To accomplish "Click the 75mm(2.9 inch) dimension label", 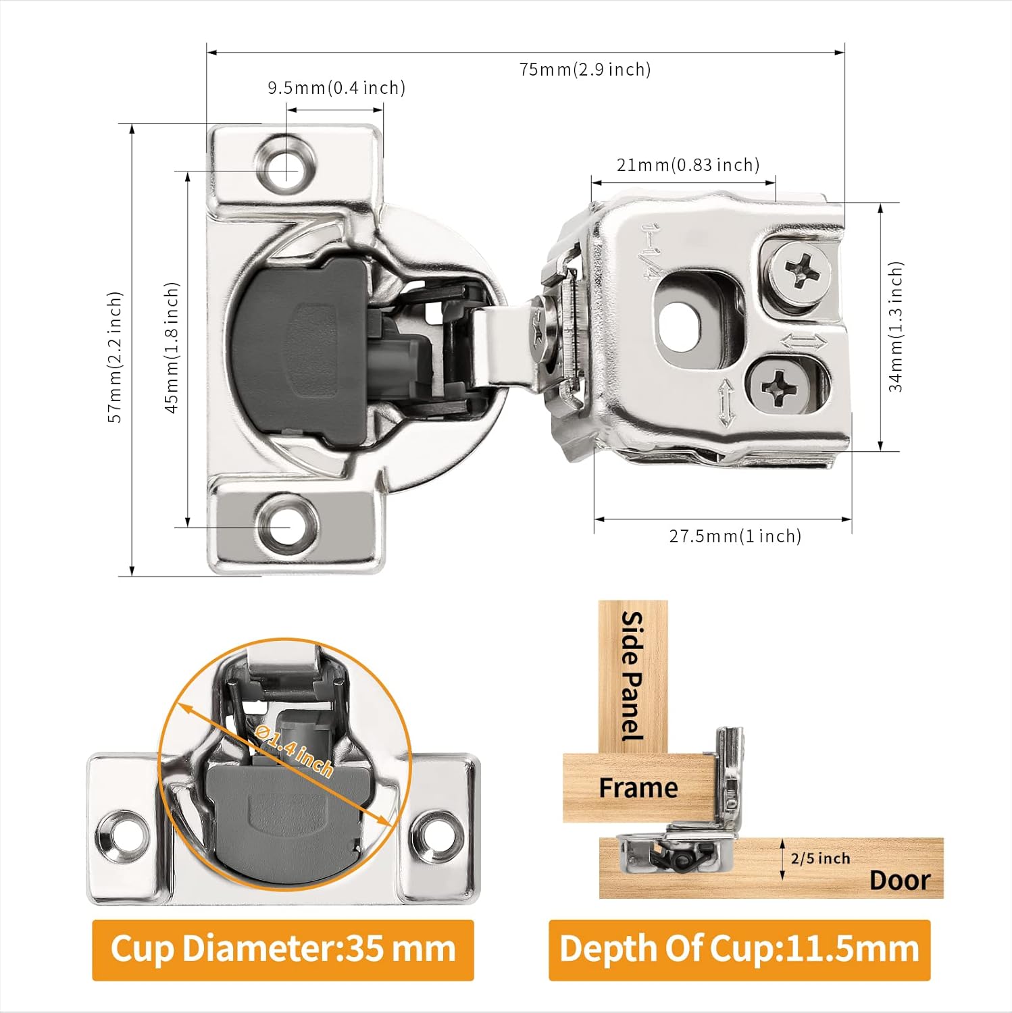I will pyautogui.click(x=584, y=70).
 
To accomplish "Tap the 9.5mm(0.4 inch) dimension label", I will pyautogui.click(x=336, y=88).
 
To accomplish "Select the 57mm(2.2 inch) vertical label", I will pyautogui.click(x=116, y=357).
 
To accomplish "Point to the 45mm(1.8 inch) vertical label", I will pyautogui.click(x=172, y=347).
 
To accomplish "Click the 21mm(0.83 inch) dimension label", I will pyautogui.click(x=687, y=165).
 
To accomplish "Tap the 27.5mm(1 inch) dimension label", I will pyautogui.click(x=734, y=536).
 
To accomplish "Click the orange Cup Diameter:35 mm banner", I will pyautogui.click(x=282, y=949).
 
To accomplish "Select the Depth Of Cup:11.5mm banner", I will pyautogui.click(x=739, y=949).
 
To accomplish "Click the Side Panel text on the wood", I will pyautogui.click(x=632, y=675).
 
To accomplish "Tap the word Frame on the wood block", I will pyautogui.click(x=638, y=787).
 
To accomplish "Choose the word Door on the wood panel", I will pyautogui.click(x=899, y=880).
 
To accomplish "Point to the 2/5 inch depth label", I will pyautogui.click(x=819, y=858).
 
